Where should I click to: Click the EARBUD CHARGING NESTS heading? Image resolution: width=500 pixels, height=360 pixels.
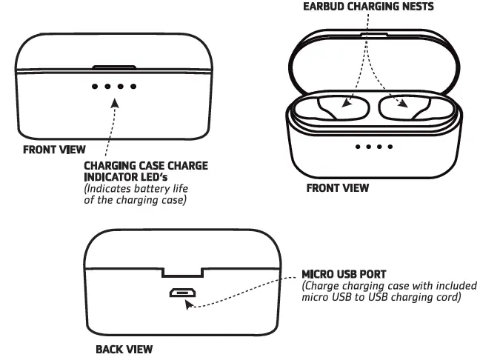[x=367, y=7]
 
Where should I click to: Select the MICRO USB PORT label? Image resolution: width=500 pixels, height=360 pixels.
[x=344, y=274]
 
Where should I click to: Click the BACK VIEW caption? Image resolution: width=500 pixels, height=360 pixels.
[x=124, y=349]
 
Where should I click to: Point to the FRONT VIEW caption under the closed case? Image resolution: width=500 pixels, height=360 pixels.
[x=54, y=149]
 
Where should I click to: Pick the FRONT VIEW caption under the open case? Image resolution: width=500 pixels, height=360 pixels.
[x=338, y=188]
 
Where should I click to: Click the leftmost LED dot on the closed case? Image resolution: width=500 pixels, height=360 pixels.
[x=95, y=86]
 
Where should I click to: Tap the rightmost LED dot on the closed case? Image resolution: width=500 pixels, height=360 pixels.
[x=133, y=86]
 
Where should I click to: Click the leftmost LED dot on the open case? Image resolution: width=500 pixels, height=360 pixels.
[x=358, y=147]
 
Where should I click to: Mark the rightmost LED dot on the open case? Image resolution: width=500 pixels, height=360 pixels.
[x=390, y=147]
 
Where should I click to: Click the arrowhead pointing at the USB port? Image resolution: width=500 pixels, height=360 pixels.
[x=190, y=304]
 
